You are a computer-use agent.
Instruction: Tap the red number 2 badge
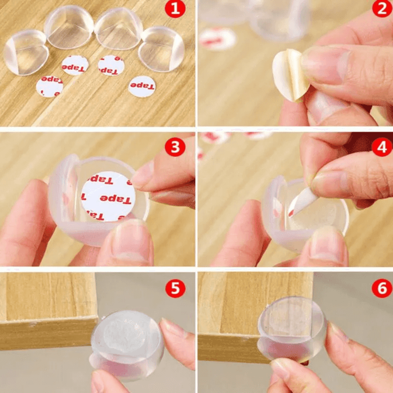[382, 9]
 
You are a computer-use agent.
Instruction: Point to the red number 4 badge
[382, 146]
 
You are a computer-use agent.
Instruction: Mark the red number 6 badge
[382, 288]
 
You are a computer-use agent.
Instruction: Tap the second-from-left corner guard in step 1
[69, 28]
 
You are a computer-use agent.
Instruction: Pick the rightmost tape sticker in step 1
[142, 86]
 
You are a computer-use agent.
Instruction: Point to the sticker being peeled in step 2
[290, 75]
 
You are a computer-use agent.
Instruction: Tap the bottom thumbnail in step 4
[328, 243]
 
